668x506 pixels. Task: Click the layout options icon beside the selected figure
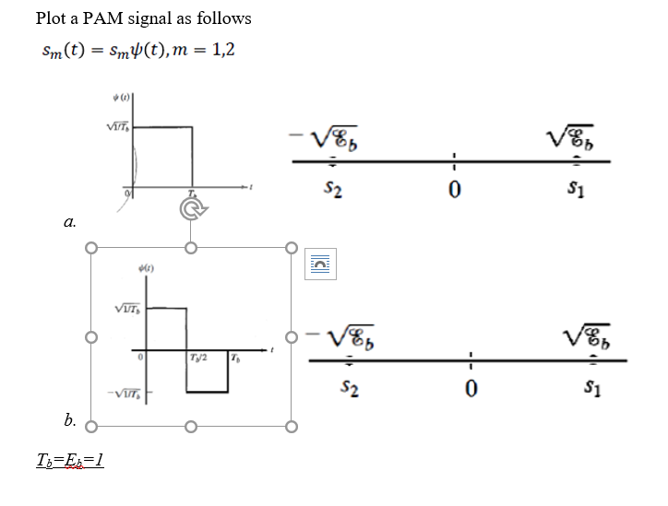click(x=318, y=265)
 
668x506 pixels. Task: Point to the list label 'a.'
click(x=70, y=221)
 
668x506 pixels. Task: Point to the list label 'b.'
click(x=70, y=420)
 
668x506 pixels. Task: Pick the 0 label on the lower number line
click(x=470, y=391)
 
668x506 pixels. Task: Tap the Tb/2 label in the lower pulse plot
click(x=198, y=358)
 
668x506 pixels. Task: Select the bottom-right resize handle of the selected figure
click(x=292, y=427)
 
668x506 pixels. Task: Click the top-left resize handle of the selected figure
click(x=90, y=248)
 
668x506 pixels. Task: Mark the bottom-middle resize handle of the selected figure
click(x=191, y=427)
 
